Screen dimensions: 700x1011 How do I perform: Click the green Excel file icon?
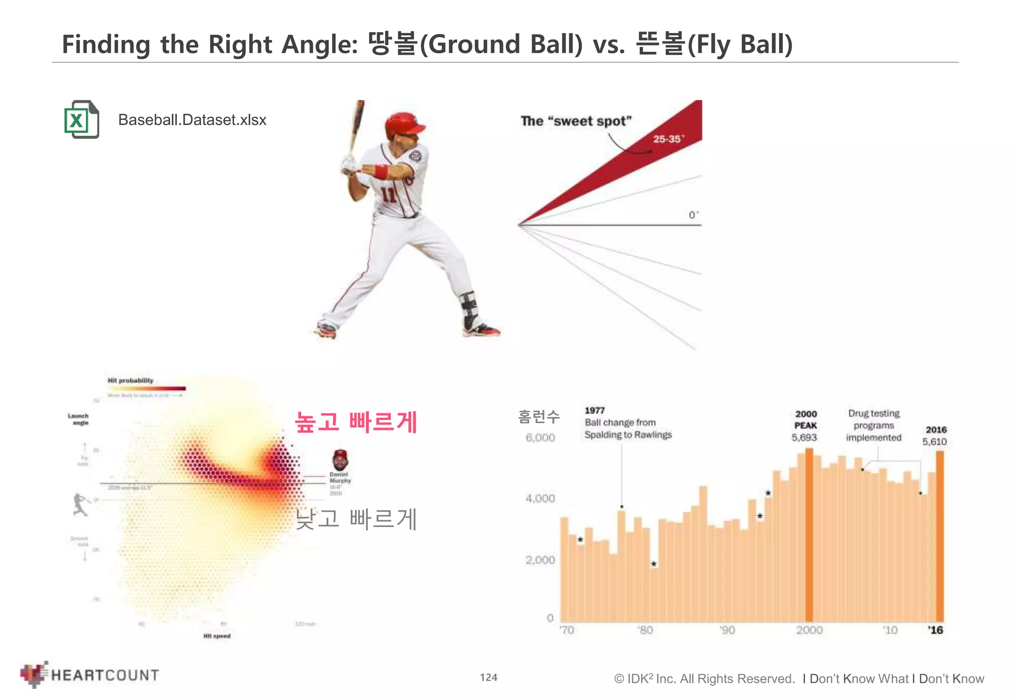tap(81, 119)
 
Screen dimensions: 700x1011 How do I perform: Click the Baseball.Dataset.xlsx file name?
tap(192, 120)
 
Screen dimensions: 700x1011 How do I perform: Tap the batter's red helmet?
tap(403, 124)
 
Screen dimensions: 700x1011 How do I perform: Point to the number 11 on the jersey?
tap(389, 194)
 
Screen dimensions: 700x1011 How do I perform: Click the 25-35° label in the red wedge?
tap(668, 139)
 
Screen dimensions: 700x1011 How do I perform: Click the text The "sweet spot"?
tap(576, 121)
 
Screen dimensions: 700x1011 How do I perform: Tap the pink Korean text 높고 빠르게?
tap(356, 422)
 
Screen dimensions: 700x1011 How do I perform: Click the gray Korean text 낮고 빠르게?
tap(356, 519)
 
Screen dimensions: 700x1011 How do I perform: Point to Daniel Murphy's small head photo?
tap(340, 460)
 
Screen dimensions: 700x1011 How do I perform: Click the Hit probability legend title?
tap(130, 381)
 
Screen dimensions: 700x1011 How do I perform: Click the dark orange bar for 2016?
tap(940, 536)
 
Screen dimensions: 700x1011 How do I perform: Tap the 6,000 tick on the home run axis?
tap(540, 438)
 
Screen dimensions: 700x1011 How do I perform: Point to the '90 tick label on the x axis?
tap(727, 630)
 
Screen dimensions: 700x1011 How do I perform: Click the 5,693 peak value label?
tap(804, 437)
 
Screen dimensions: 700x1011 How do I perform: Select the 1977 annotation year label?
tap(594, 410)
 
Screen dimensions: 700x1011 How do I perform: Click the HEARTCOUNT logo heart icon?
tap(34, 674)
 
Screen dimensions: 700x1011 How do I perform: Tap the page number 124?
tap(489, 677)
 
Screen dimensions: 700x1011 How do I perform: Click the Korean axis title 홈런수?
tap(539, 417)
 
